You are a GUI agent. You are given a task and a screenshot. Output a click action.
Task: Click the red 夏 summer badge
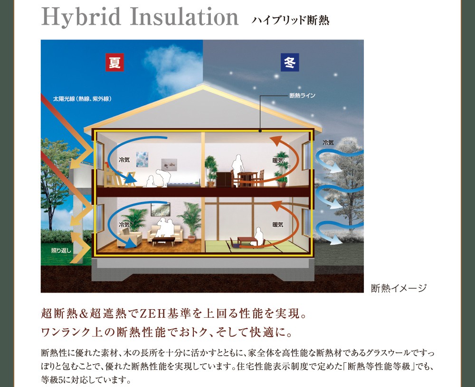click(x=114, y=62)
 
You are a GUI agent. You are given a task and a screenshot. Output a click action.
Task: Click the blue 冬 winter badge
click(x=290, y=62)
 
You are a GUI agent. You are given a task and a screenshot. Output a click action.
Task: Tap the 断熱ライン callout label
click(x=302, y=96)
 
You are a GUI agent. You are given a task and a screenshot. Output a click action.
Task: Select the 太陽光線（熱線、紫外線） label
click(x=82, y=99)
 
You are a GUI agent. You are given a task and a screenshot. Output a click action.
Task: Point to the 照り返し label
click(x=61, y=250)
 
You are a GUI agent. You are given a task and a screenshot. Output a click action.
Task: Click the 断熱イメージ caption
click(x=399, y=288)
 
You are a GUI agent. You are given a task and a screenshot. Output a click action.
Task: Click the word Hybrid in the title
click(x=81, y=17)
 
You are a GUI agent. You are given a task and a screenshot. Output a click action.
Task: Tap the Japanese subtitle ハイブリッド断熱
click(x=290, y=20)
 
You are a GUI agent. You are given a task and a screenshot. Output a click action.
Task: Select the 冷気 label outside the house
click(x=328, y=142)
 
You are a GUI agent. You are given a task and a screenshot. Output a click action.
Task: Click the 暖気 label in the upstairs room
click(x=278, y=160)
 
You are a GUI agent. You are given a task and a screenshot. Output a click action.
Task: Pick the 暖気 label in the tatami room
click(x=278, y=224)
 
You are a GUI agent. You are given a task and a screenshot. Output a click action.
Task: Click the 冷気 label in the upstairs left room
click(x=124, y=159)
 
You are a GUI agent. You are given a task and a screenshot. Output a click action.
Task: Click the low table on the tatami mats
click(x=247, y=241)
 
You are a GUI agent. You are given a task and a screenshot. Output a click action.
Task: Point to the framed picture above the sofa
click(x=161, y=209)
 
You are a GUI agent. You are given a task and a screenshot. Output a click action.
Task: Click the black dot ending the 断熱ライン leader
click(x=260, y=131)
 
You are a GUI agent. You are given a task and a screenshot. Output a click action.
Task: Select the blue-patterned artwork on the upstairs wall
click(x=142, y=159)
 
